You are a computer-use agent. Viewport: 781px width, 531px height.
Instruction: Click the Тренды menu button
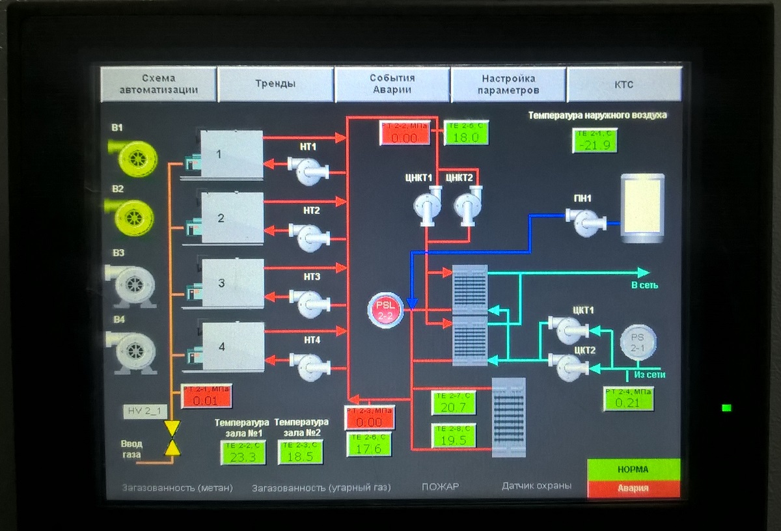coord(275,84)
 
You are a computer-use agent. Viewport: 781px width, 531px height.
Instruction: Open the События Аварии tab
coord(392,84)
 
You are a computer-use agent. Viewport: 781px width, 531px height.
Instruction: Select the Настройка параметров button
coord(508,84)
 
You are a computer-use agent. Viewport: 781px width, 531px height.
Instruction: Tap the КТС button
coord(623,84)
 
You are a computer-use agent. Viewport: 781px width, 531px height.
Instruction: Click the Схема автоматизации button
coord(159,84)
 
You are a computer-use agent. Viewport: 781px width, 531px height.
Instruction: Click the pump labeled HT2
coord(308,237)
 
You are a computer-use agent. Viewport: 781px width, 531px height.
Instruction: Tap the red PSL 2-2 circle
coord(386,309)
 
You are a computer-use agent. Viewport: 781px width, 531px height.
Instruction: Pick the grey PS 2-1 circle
coord(638,342)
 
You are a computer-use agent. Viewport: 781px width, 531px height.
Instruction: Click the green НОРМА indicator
coord(633,469)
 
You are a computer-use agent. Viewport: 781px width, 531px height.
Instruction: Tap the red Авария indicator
coord(633,488)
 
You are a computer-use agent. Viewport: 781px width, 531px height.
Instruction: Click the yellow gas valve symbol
coord(172,437)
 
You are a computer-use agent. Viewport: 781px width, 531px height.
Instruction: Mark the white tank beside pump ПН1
coord(642,208)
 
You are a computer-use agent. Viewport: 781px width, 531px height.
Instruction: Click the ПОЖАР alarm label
coord(440,486)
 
